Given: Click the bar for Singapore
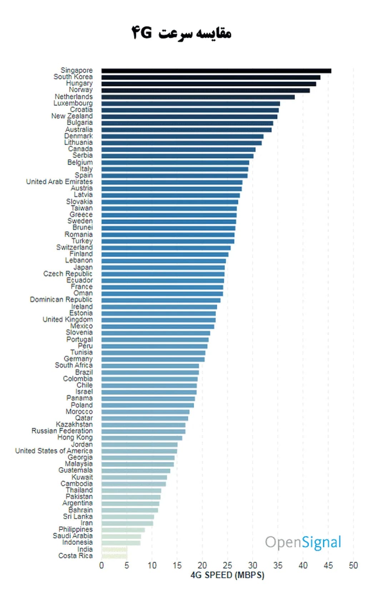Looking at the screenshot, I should coord(216,71).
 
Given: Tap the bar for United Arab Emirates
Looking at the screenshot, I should coord(172,182).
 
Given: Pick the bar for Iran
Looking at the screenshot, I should coord(127,523).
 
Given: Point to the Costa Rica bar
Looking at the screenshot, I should coord(114,556).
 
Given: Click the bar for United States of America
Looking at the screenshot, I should coord(139,451).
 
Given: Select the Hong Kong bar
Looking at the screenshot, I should coord(142,438).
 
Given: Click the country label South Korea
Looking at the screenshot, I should coord(73,77).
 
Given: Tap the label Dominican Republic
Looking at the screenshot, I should coord(61,300).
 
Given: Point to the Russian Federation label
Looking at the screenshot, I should coord(62,431).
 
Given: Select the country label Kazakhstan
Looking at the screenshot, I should coord(74,424).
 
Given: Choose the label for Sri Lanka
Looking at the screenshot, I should coord(78,516).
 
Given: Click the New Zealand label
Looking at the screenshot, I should coord(72,116).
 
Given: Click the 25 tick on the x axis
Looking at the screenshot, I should coord(227,565).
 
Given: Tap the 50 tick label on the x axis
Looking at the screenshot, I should coord(353,565).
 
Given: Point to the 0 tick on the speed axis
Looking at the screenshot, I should coord(102,565).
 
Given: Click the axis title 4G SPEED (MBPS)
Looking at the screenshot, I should coord(227,575).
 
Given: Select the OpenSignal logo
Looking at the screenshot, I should coord(303,542).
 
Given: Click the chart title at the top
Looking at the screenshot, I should coord(182,33).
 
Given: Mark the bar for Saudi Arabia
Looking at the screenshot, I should coord(121,536).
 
